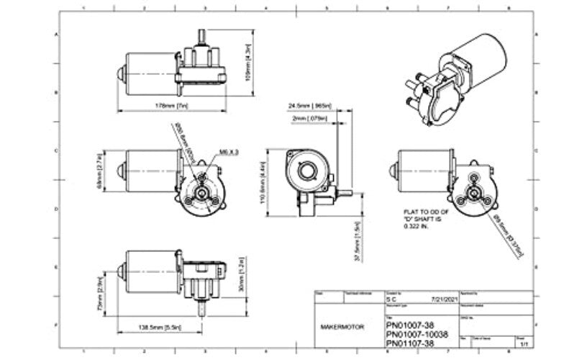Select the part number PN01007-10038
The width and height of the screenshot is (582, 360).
421,334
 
